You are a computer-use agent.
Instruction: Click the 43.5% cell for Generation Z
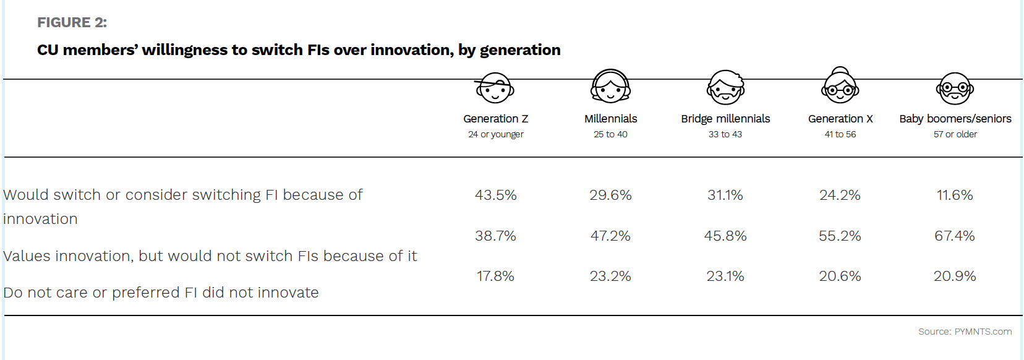495,195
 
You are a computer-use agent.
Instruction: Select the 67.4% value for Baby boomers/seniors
954,236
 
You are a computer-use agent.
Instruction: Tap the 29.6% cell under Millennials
610,195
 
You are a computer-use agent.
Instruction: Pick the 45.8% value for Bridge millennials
725,236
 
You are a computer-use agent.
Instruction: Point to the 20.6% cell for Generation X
840,276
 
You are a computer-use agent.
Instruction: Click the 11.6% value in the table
954,195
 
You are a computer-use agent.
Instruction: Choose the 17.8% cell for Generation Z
495,276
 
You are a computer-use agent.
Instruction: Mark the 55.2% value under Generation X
840,236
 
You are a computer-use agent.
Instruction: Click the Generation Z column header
495,119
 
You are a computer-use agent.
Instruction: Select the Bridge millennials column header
725,119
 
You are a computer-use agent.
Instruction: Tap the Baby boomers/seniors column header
955,119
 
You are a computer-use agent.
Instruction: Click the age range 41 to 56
840,134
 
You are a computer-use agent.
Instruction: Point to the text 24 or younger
495,134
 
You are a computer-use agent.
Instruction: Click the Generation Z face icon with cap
494,88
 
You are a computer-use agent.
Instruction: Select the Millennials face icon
610,87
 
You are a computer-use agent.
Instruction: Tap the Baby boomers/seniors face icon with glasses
955,88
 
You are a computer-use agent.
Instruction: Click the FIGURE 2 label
72,23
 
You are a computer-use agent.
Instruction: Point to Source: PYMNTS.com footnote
965,332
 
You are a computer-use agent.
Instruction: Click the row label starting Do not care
161,293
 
